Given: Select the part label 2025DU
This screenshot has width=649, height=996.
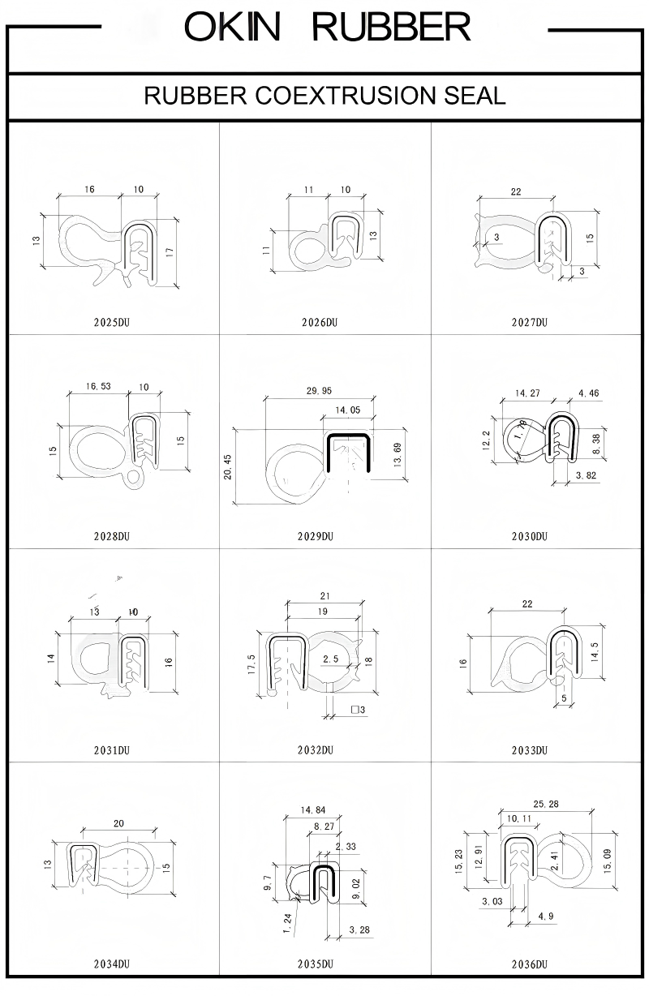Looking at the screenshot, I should [112, 322].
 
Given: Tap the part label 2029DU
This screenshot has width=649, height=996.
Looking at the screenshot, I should [316, 536].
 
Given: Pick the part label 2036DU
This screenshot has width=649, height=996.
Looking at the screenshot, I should [530, 964].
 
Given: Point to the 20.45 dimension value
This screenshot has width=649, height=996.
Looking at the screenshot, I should [228, 466].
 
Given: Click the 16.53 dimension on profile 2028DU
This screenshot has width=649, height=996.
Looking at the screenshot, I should [98, 387].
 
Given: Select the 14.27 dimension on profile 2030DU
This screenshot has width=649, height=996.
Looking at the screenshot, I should [527, 393].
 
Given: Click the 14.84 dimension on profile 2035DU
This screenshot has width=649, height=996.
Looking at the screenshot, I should [312, 809].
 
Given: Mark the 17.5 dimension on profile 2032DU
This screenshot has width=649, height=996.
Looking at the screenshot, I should [252, 663].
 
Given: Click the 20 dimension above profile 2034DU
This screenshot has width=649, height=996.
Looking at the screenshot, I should [119, 823].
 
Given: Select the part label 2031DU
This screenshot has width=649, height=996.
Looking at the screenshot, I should [112, 750].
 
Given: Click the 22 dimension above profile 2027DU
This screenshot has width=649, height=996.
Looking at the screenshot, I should [516, 191].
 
